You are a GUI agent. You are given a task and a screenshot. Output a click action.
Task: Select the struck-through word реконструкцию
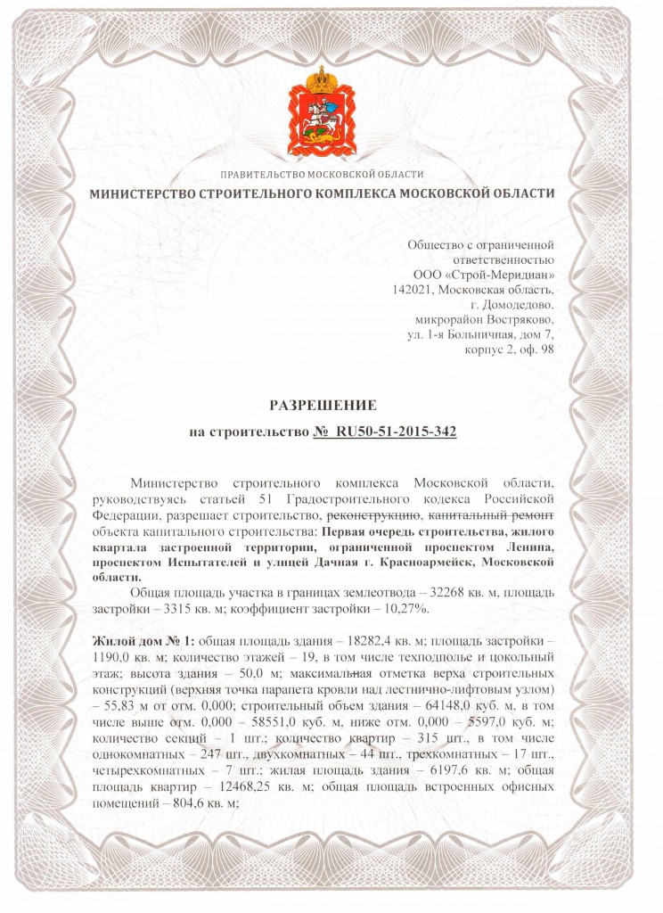[x=374, y=514]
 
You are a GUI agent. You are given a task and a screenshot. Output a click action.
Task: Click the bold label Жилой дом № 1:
[x=142, y=640]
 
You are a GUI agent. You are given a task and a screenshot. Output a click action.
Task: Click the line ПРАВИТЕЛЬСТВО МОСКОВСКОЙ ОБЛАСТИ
[x=322, y=175]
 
